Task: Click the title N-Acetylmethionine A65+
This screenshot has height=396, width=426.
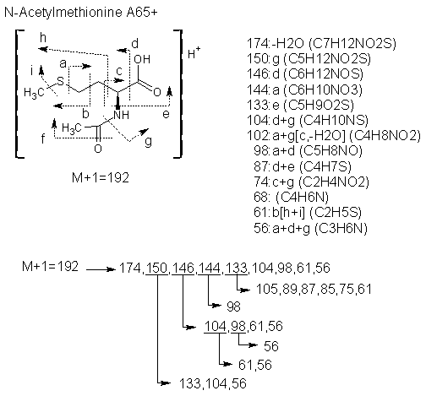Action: (81, 13)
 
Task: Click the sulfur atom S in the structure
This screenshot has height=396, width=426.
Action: (61, 81)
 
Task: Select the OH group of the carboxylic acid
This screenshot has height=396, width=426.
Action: (142, 59)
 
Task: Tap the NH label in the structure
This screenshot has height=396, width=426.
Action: (121, 115)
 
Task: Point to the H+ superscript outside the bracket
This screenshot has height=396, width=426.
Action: (194, 52)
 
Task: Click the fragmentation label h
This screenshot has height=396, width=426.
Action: (43, 37)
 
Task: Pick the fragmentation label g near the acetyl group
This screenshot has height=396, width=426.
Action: (148, 142)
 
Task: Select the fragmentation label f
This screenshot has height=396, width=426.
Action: (43, 138)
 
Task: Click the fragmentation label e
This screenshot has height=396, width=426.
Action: (166, 114)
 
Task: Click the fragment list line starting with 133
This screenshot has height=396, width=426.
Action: (300, 105)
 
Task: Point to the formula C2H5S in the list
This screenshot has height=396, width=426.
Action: (336, 213)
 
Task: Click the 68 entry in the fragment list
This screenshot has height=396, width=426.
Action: (291, 197)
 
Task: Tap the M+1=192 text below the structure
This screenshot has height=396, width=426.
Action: (101, 178)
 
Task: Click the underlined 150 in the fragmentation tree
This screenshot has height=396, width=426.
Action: (156, 268)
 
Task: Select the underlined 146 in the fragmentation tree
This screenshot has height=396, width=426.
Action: (183, 268)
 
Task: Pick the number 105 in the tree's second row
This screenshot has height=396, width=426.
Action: (267, 289)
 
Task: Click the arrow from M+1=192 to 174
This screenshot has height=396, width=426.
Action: (101, 269)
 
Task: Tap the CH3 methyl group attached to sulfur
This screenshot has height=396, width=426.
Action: (34, 93)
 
